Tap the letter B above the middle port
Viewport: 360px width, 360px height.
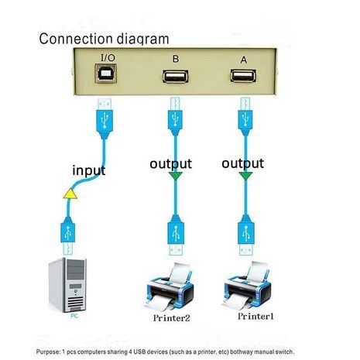pyautogui.click(x=175, y=57)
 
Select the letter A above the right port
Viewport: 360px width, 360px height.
pyautogui.click(x=244, y=57)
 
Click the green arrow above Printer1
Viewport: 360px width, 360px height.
pyautogui.click(x=245, y=177)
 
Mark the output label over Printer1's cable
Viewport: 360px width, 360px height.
pyautogui.click(x=242, y=163)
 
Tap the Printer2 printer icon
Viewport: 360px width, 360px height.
pyautogui.click(x=171, y=285)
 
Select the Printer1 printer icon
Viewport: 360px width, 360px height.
pyautogui.click(x=248, y=285)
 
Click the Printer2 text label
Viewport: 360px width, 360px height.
pyautogui.click(x=171, y=317)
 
